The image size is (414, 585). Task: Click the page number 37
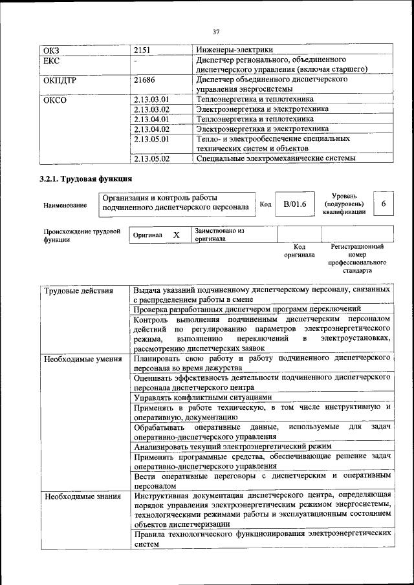coord(216,32)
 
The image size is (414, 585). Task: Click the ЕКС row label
coord(51,60)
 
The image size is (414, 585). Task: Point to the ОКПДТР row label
coord(60,80)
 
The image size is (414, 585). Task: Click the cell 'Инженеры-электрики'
coord(235,50)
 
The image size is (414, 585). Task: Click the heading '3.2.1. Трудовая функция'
coord(86,178)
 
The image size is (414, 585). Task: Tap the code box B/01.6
coord(295,204)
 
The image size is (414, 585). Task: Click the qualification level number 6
coord(384,204)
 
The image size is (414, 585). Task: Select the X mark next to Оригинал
coord(176,235)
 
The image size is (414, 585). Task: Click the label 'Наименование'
coord(65,206)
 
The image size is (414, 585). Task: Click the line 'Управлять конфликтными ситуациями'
coord(202,398)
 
